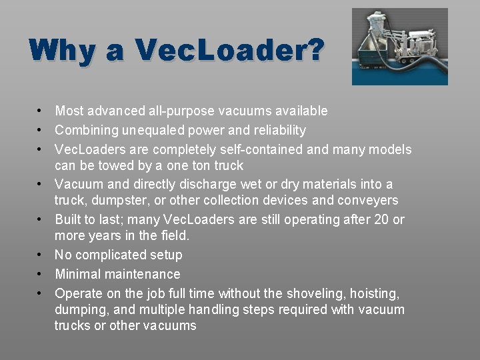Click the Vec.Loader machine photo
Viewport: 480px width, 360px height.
(x=399, y=46)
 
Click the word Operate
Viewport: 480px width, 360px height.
(x=77, y=293)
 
